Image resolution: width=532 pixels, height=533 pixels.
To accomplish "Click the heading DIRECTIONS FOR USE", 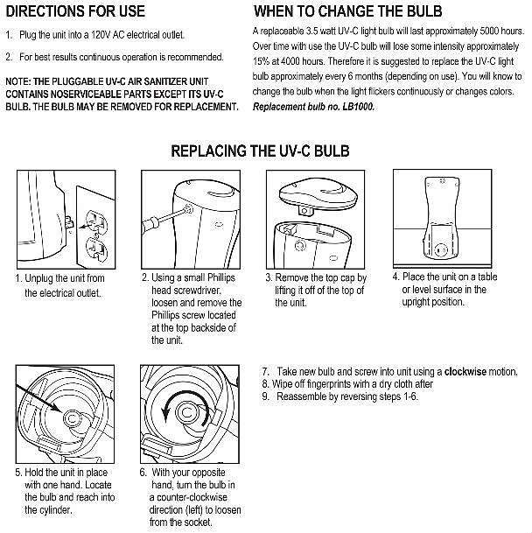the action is pyautogui.click(x=75, y=11).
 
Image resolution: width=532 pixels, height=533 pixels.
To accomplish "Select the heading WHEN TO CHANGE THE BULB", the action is pyautogui.click(x=347, y=11).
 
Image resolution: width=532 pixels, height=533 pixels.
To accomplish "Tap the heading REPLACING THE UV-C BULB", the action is pyautogui.click(x=260, y=151).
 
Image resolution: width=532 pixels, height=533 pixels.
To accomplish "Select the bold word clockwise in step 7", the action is pyautogui.click(x=465, y=372).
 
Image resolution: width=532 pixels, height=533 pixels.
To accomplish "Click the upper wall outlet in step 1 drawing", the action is pyautogui.click(x=96, y=221).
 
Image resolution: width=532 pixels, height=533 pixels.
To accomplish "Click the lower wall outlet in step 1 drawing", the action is pyautogui.click(x=96, y=249).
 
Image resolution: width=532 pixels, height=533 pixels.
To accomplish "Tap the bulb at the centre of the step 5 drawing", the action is pyautogui.click(x=72, y=418).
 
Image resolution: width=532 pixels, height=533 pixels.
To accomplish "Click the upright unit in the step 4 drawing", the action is pyautogui.click(x=442, y=218).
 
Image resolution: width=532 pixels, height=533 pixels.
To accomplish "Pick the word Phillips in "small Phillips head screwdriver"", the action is pyautogui.click(x=221, y=277).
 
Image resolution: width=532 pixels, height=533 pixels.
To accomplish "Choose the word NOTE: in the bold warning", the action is pyautogui.click(x=18, y=81).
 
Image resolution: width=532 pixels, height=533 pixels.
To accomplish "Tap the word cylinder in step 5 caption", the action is pyautogui.click(x=55, y=510).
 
